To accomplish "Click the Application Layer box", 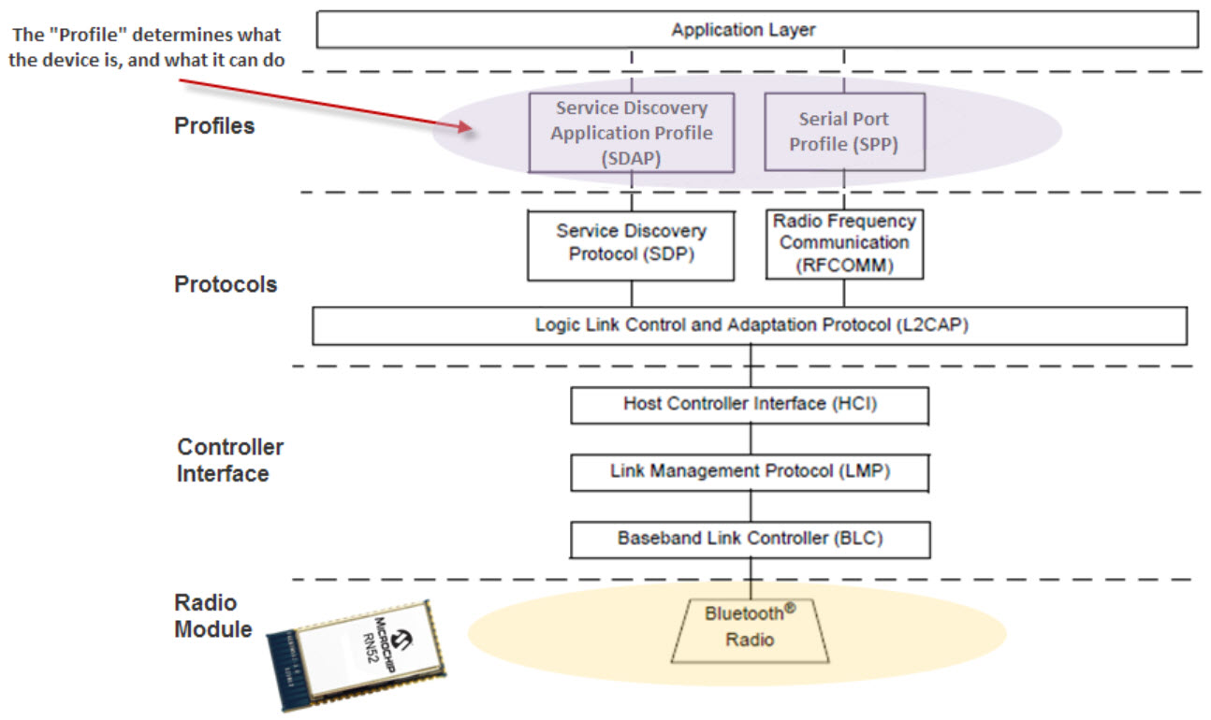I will [756, 30].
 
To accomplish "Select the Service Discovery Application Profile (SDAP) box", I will [631, 132].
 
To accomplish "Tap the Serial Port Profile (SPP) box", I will [843, 132].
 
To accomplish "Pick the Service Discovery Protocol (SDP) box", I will [631, 243].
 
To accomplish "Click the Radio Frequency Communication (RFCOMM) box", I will [844, 243].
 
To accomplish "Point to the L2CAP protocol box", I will [749, 325].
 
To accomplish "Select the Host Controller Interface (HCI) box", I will [750, 405].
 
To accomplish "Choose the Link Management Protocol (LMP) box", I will [750, 471].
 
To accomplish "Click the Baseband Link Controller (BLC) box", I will [750, 539].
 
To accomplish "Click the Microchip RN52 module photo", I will [357, 653].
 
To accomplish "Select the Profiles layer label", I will [214, 126].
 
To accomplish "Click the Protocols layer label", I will [226, 284].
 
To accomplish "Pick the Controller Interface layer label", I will [229, 460].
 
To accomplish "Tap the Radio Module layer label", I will [212, 615].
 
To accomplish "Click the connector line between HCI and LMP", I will [750, 439].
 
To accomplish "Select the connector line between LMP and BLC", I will [750, 506].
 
